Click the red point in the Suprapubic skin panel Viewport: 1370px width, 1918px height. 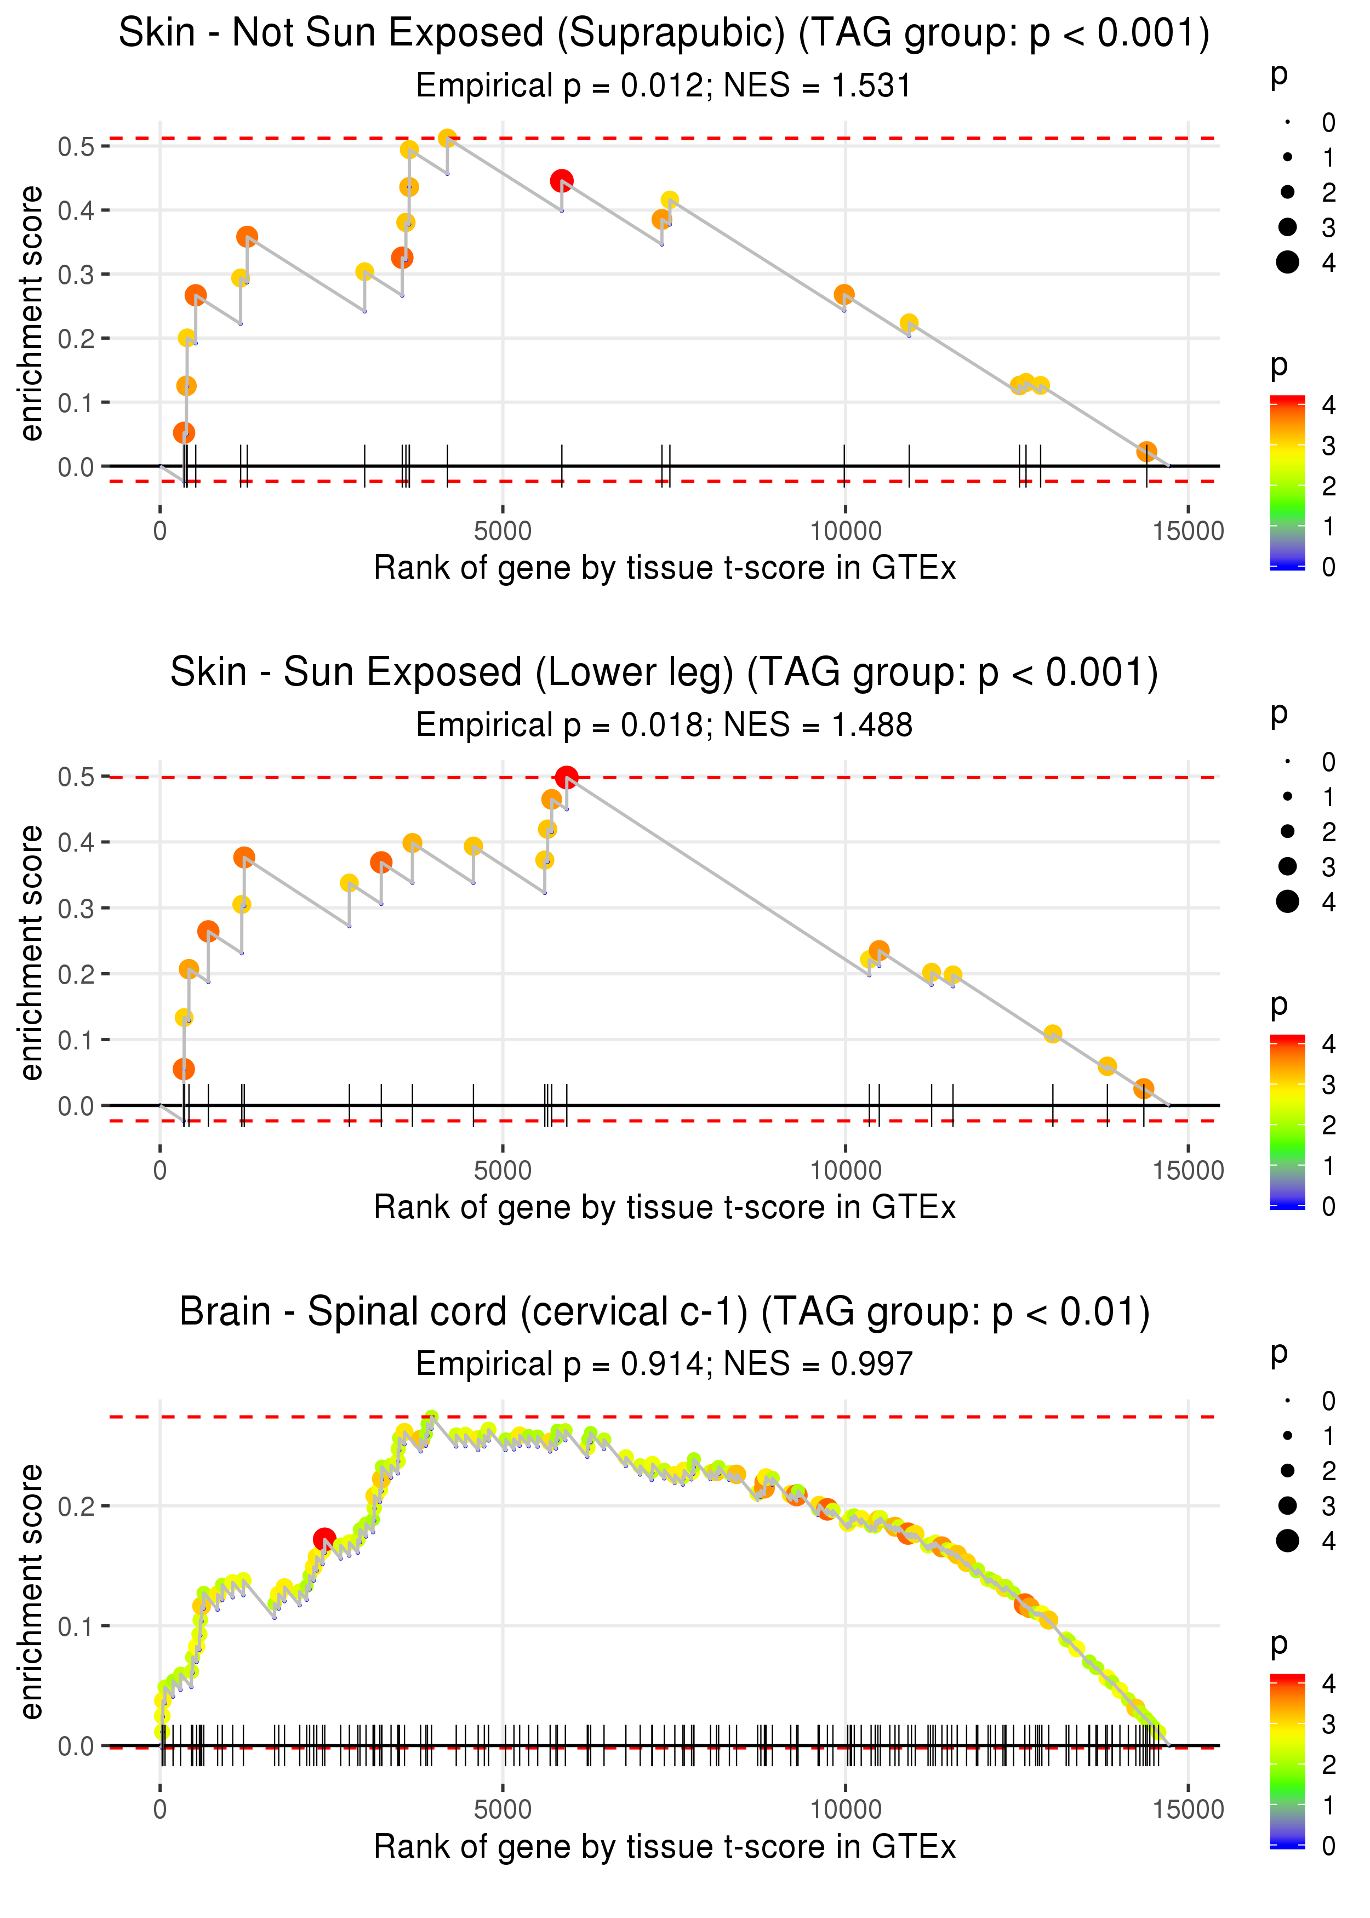562,180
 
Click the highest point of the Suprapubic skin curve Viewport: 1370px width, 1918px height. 447,138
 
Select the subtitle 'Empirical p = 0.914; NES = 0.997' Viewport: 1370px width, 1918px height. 664,1364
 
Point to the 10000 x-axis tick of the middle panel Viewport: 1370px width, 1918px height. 845,1170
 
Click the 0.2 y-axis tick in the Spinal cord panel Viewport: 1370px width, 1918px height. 76,1505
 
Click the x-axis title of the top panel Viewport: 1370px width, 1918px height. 664,568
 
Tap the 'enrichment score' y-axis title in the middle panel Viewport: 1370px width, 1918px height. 31,953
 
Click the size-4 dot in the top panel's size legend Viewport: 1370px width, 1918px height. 1287,262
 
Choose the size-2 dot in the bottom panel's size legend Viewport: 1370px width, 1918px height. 1287,1471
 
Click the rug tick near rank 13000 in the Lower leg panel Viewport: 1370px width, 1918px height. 1053,1105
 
